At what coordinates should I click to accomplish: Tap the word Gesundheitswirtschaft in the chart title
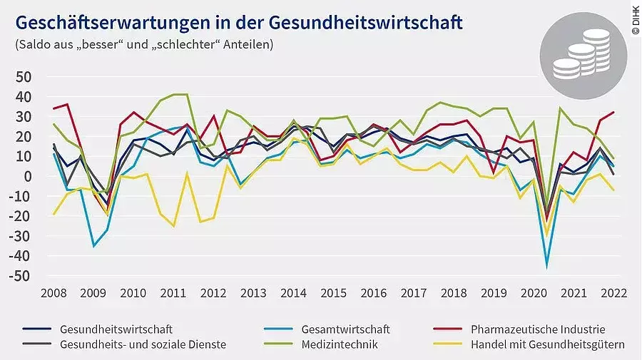[366, 23]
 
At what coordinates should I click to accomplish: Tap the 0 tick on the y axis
[29, 176]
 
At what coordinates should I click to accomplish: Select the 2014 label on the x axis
[294, 293]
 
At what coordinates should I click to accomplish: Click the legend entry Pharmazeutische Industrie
[538, 329]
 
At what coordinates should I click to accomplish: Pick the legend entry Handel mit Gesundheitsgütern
[548, 344]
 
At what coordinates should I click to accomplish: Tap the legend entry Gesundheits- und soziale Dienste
[143, 344]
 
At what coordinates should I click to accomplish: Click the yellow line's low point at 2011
[173, 226]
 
